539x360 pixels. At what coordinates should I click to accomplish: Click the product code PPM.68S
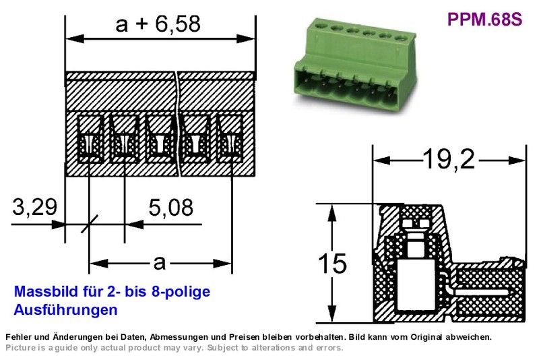(484, 19)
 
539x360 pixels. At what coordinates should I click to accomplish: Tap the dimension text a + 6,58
(158, 24)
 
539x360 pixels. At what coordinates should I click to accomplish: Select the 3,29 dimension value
(35, 207)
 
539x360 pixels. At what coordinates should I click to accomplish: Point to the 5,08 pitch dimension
(171, 208)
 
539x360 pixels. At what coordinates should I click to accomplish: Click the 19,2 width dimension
(449, 159)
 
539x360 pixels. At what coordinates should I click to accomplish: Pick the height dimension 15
(332, 264)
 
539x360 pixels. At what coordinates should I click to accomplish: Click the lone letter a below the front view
(160, 264)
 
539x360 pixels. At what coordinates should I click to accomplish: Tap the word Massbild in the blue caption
(46, 292)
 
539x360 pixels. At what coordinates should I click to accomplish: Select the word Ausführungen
(65, 310)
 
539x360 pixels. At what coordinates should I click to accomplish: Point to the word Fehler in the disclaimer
(17, 337)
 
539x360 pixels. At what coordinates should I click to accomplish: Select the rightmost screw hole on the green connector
(400, 38)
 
